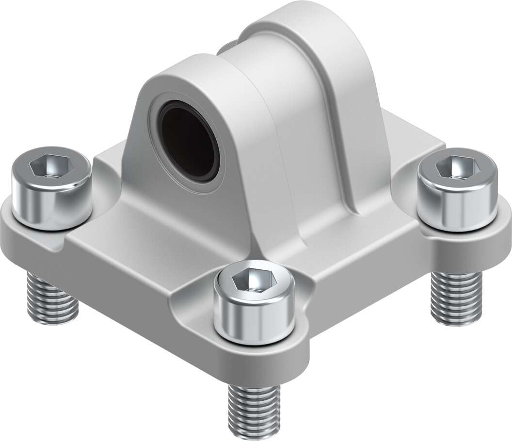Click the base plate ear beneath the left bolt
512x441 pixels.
pyautogui.click(x=19, y=242)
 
